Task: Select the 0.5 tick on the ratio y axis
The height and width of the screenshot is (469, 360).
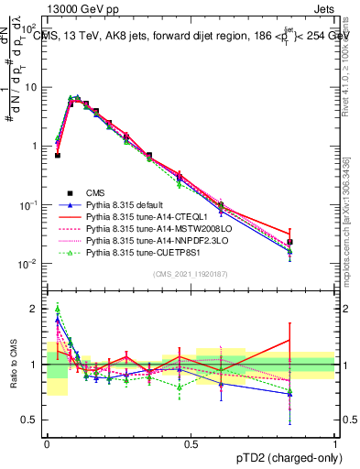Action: (33, 420)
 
